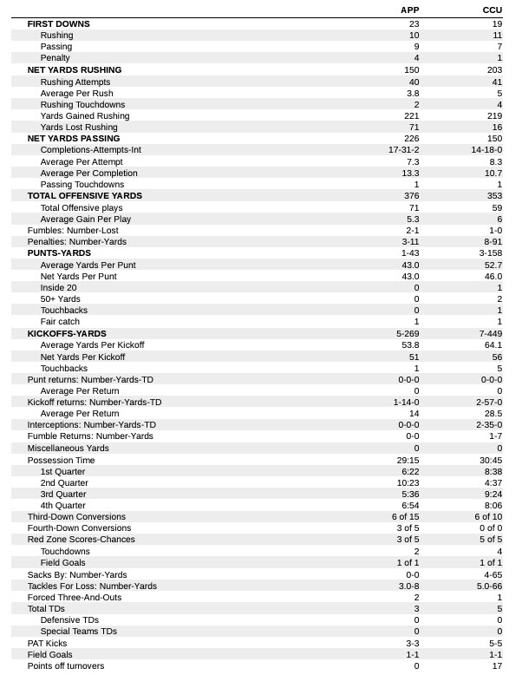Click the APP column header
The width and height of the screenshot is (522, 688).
(x=409, y=10)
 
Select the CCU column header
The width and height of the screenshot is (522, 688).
(x=492, y=10)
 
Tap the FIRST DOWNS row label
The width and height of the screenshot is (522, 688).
(x=58, y=24)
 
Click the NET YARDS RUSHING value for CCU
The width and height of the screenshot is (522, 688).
(x=493, y=70)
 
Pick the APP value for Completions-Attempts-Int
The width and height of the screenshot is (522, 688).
(x=404, y=150)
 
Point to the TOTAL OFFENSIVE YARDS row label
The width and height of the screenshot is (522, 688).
(x=84, y=196)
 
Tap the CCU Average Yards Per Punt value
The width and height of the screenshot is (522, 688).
(x=493, y=265)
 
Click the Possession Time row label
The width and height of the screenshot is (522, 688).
(x=61, y=460)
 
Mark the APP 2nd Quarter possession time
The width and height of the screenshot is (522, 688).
(x=407, y=482)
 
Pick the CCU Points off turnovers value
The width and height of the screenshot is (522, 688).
(x=496, y=665)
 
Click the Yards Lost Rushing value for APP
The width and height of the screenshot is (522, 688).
(x=412, y=128)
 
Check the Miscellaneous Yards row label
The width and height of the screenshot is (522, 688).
(x=68, y=449)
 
